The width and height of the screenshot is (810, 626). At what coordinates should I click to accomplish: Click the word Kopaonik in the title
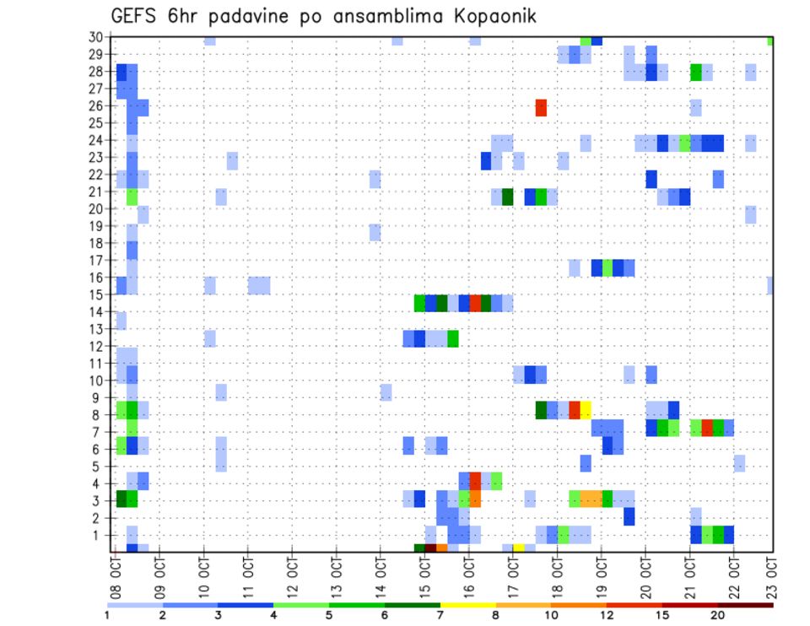pyautogui.click(x=489, y=17)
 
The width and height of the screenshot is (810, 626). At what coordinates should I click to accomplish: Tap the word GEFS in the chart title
pyautogui.click(x=136, y=17)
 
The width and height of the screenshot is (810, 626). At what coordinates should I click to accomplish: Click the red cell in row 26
pyautogui.click(x=541, y=108)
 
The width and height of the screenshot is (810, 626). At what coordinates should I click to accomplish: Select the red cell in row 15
pyautogui.click(x=475, y=303)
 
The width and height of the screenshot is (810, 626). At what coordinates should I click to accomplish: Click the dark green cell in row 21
pyautogui.click(x=507, y=197)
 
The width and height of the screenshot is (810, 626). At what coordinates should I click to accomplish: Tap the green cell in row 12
pyautogui.click(x=452, y=338)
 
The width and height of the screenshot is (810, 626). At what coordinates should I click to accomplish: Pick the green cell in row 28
pyautogui.click(x=695, y=73)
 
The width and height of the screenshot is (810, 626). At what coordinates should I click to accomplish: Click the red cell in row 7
pyautogui.click(x=707, y=428)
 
